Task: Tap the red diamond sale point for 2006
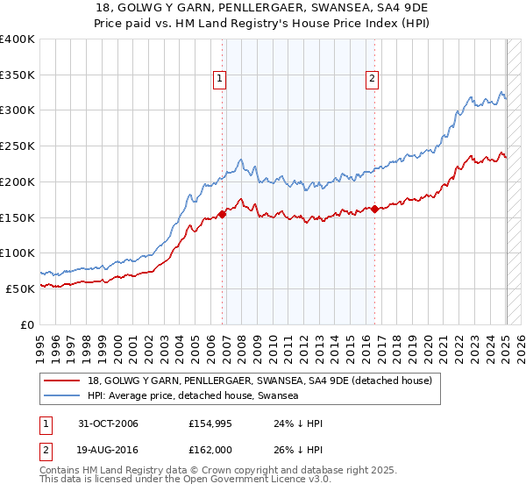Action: [223, 213]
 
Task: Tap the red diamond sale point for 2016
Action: [375, 209]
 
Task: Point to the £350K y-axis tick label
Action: [18, 75]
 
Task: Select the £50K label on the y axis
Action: [21, 288]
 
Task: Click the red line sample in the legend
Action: [62, 381]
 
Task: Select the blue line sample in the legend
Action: [62, 396]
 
